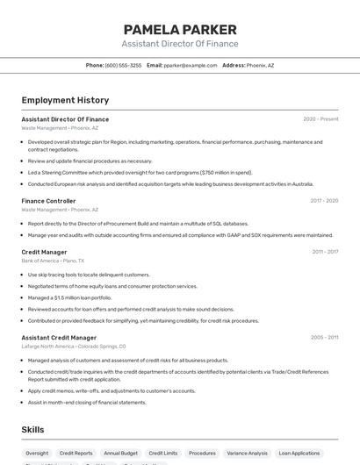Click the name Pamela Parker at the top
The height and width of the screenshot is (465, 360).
click(179, 28)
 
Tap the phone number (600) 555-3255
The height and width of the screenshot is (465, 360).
click(123, 65)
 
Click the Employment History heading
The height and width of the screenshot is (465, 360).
click(65, 100)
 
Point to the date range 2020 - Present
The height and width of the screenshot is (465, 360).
click(320, 119)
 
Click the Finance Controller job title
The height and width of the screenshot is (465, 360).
click(48, 201)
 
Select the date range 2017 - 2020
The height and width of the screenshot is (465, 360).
click(324, 201)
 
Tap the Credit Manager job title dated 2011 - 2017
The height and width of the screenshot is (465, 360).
click(44, 252)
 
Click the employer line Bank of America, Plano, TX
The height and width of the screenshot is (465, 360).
click(53, 261)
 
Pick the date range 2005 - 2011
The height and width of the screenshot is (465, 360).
click(324, 338)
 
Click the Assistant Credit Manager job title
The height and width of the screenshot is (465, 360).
click(59, 338)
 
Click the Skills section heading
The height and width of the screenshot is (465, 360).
click(32, 429)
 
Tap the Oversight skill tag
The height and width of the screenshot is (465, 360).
click(37, 454)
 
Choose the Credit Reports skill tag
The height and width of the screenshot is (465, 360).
click(76, 454)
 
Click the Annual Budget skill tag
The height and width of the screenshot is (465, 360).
click(120, 454)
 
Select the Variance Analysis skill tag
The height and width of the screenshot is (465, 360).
click(247, 454)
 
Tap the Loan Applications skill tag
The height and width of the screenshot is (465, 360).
click(299, 454)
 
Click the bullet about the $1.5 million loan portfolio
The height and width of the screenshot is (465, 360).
click(69, 297)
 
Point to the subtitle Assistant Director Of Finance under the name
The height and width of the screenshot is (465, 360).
click(179, 44)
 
